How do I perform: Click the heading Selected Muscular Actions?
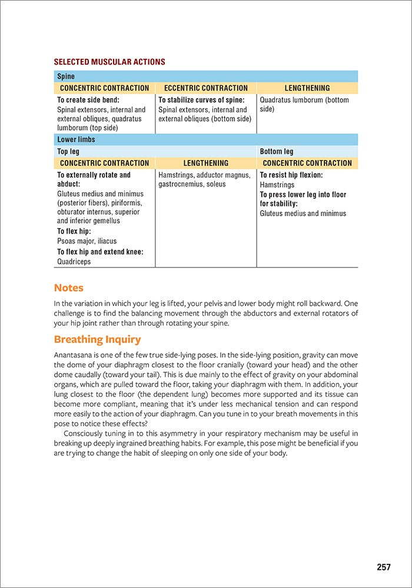(x=109, y=62)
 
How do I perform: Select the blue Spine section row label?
(x=65, y=76)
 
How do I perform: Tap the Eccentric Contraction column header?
(x=206, y=88)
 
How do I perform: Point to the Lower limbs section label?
(x=76, y=140)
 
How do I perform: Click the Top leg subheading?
(x=68, y=152)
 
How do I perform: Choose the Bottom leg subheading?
(x=276, y=152)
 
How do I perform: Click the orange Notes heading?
(x=69, y=288)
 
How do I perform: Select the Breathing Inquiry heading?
(x=97, y=340)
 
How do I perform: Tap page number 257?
(x=384, y=567)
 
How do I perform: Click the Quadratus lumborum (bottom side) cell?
(x=304, y=105)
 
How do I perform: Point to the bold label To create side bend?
(x=88, y=100)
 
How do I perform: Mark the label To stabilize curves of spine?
(x=201, y=100)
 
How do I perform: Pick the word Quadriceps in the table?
(x=74, y=262)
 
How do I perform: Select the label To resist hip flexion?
(x=291, y=175)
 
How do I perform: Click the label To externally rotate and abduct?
(x=94, y=179)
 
